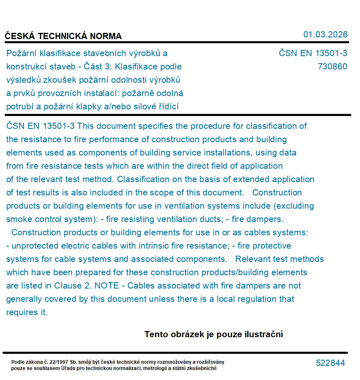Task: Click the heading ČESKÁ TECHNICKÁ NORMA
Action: coord(63,36)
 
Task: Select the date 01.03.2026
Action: coord(325,35)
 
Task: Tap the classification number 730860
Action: coord(332,67)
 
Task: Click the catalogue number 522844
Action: coord(330,363)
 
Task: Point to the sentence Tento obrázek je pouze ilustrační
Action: coord(214,334)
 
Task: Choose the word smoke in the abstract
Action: coord(18,219)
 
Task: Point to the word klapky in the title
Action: coord(89,106)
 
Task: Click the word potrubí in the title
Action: coord(20,106)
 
